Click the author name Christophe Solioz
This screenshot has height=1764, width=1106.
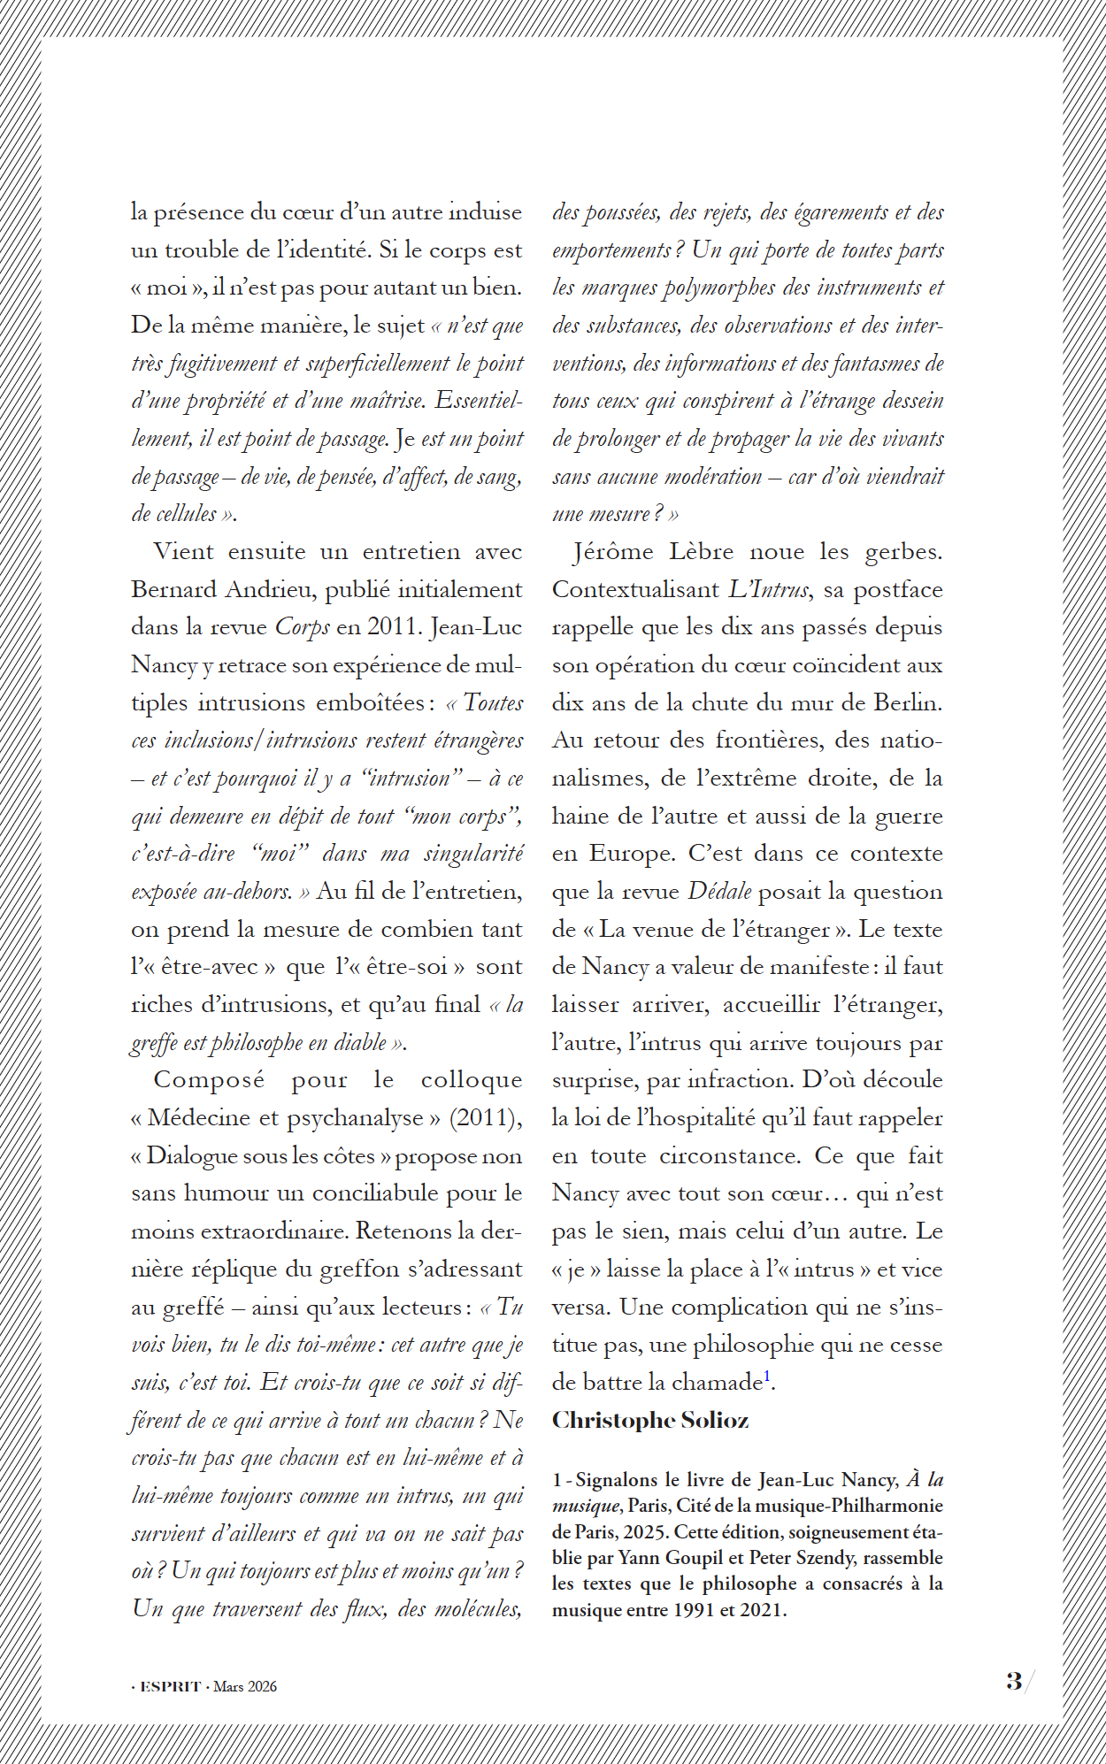[650, 1420]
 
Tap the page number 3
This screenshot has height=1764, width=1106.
[1014, 1681]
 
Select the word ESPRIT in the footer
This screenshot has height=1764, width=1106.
[171, 1687]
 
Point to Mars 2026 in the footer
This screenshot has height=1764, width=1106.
[245, 1687]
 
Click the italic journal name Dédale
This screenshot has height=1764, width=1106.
[720, 892]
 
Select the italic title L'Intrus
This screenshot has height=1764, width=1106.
[769, 590]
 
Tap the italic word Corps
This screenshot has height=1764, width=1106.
[303, 627]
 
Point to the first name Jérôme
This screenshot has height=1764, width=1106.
[613, 552]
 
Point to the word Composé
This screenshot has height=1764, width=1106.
[209, 1080]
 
